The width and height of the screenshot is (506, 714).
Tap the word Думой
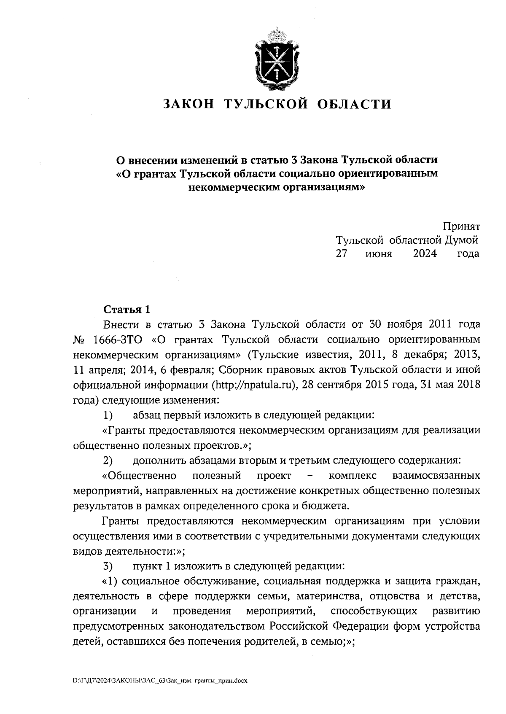click(x=462, y=240)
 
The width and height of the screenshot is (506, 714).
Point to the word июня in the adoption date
click(x=379, y=253)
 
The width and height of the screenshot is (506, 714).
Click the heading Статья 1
click(x=126, y=309)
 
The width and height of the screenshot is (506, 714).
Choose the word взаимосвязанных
click(x=436, y=476)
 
